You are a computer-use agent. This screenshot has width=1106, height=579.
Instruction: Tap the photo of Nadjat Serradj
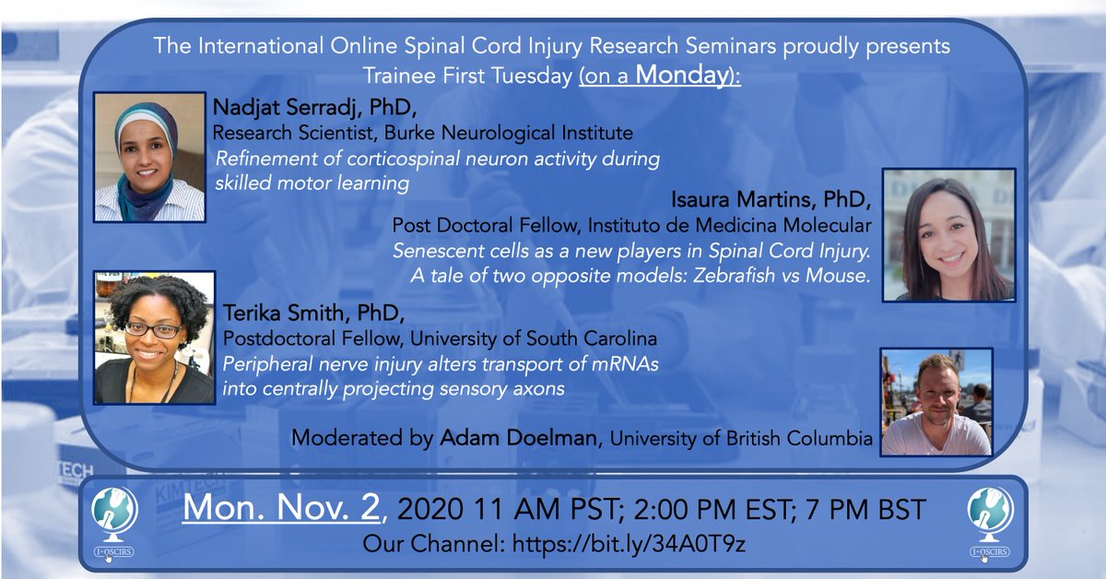coord(148,157)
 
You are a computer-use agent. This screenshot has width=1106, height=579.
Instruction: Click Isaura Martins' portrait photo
coord(948,235)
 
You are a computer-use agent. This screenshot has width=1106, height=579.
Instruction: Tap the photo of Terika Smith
coord(154,337)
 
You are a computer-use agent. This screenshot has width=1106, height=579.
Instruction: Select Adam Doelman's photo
coord(935,402)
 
